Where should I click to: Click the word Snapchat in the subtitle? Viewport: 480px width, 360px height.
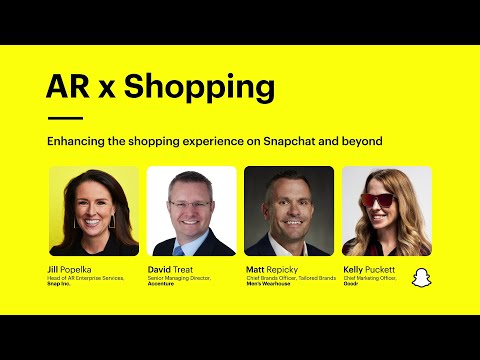tap(297, 141)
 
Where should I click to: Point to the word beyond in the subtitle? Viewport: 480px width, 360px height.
tap(361, 141)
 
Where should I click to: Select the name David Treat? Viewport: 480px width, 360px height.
tap(172, 270)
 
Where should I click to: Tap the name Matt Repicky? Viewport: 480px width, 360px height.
tap(273, 270)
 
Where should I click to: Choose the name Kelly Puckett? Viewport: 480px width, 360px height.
tap(369, 270)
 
